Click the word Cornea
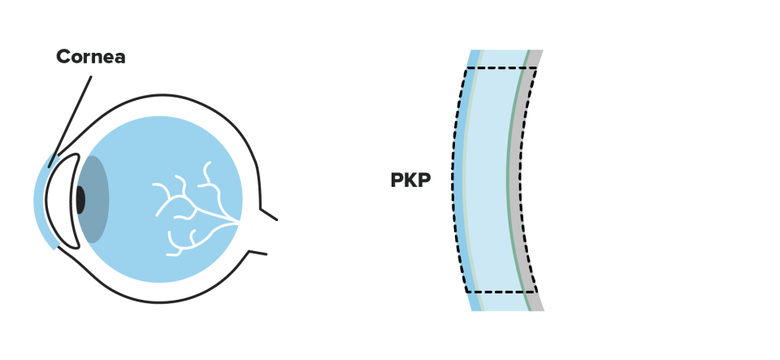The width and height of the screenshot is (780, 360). pyautogui.click(x=90, y=57)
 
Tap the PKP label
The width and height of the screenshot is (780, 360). pyautogui.click(x=410, y=180)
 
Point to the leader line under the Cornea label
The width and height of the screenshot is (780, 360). pyautogui.click(x=70, y=121)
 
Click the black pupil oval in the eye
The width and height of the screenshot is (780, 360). pyautogui.click(x=80, y=200)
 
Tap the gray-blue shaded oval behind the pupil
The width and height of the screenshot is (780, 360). pyautogui.click(x=94, y=199)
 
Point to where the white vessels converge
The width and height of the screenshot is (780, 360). pyautogui.click(x=239, y=222)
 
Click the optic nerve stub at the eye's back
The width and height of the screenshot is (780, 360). pyautogui.click(x=262, y=232)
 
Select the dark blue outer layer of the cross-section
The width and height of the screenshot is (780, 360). pyautogui.click(x=458, y=180)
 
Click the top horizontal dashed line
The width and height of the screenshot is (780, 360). pyautogui.click(x=501, y=68)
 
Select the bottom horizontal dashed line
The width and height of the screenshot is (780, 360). pyautogui.click(x=501, y=292)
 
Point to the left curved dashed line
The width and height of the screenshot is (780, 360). pyautogui.click(x=453, y=180)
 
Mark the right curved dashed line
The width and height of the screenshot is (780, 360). pyautogui.click(x=521, y=180)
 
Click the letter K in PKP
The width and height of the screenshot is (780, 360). pyautogui.click(x=410, y=180)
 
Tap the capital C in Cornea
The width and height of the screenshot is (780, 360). pyautogui.click(x=63, y=57)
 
